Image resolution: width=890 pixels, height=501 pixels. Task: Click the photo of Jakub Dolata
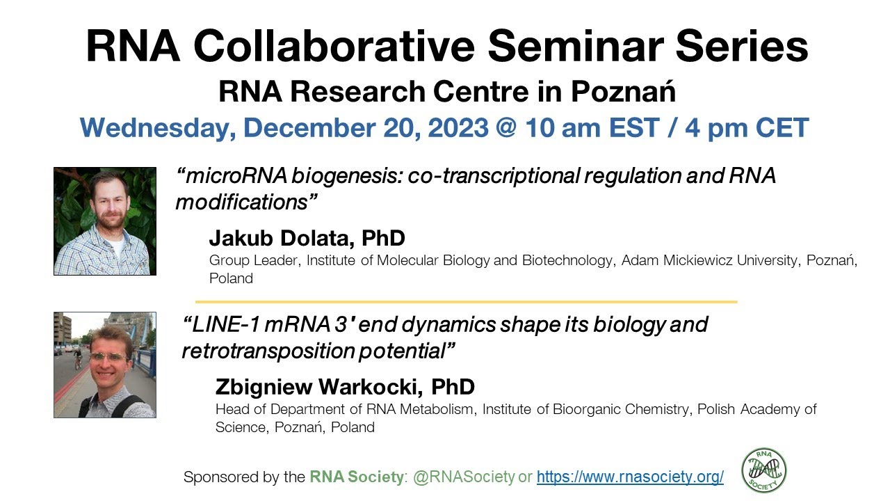coord(105,221)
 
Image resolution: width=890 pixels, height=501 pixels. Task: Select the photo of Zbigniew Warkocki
coord(105,365)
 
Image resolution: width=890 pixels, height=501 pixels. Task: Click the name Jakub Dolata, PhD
coord(307,239)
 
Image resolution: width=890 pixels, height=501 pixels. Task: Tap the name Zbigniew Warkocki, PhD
coord(345,387)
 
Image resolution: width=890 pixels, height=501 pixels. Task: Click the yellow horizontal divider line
coord(466,302)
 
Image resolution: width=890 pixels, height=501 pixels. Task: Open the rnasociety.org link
coord(630,477)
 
